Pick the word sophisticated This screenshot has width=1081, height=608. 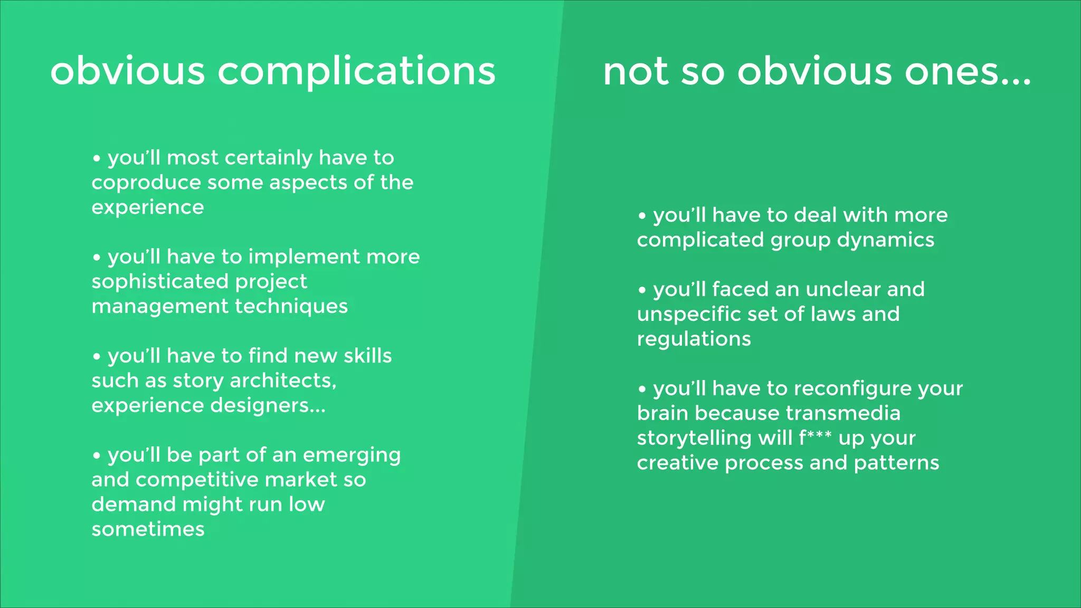(159, 282)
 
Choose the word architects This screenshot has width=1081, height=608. (283, 381)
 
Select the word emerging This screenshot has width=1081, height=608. (352, 455)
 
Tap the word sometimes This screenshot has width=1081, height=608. (148, 529)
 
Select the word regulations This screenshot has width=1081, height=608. (694, 339)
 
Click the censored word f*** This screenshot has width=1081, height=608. (815, 438)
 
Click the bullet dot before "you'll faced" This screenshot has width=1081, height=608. (642, 290)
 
